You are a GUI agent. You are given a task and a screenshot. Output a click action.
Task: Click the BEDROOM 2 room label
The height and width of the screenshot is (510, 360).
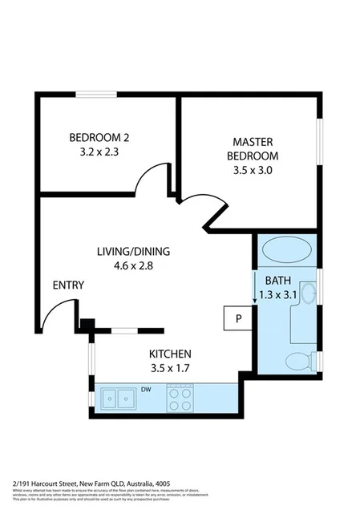99,136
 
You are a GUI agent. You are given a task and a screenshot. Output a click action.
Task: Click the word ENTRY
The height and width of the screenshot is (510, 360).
68,285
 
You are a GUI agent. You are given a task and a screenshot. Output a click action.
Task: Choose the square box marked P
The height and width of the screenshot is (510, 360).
237,318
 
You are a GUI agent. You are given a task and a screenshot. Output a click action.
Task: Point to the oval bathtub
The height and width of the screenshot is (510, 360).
285,250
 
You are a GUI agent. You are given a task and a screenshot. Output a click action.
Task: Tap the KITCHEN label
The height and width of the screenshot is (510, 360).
170,354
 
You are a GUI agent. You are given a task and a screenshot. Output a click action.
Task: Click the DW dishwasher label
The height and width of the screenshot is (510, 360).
146,391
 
